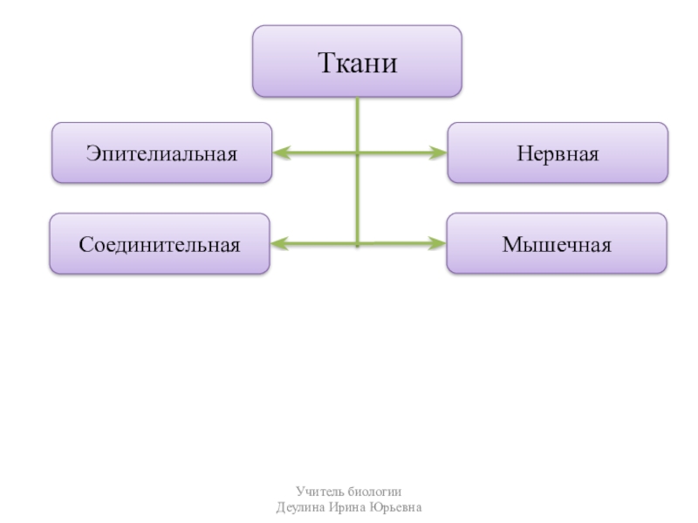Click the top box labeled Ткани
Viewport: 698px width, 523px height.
(357, 61)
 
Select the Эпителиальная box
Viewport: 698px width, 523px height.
(161, 153)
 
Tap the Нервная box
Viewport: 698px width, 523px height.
(558, 153)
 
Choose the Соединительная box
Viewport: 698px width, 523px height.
(160, 244)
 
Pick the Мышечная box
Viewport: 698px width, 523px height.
(557, 244)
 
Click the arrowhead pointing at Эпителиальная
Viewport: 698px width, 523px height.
(281, 153)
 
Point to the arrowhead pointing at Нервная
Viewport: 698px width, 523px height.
(439, 153)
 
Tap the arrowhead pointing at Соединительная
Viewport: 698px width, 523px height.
(279, 244)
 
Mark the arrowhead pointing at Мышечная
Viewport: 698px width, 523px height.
(438, 244)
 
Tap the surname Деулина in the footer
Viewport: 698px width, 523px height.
(298, 507)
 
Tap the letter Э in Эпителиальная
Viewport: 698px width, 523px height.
(92, 153)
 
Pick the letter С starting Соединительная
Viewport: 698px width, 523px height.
(86, 244)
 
